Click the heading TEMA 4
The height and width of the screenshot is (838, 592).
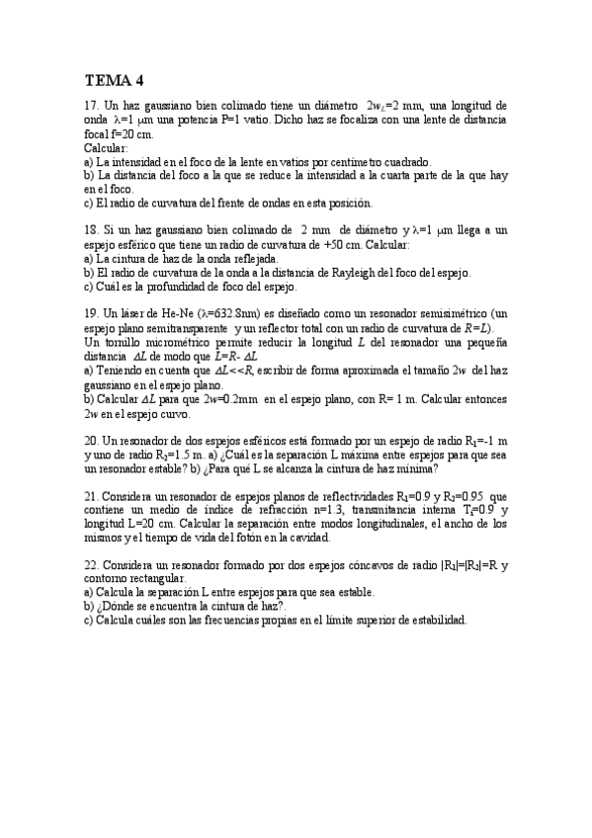115,81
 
